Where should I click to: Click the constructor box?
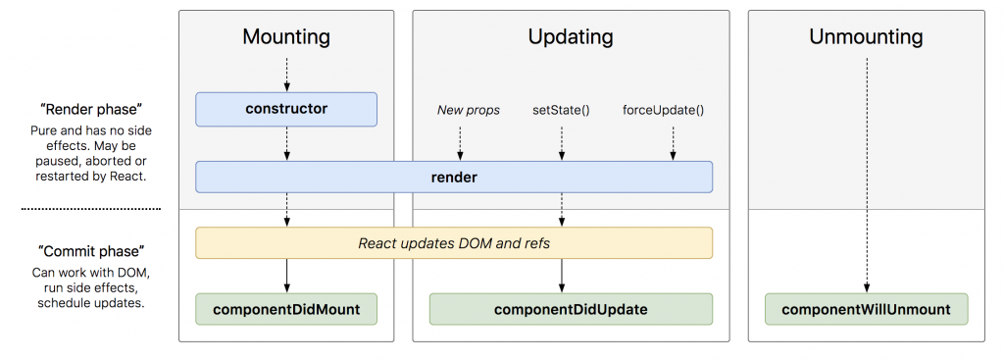point(286,109)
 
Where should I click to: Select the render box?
point(454,177)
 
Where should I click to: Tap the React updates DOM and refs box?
point(454,243)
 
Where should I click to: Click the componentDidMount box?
point(286,309)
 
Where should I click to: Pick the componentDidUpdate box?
point(571,309)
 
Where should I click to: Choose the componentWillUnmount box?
point(867,309)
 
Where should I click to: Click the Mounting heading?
point(286,36)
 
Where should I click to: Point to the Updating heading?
point(571,36)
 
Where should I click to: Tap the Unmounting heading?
point(867,36)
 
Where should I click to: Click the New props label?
point(468,110)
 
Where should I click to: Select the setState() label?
point(561,110)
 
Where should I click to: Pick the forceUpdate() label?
point(664,110)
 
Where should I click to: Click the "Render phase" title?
point(89,108)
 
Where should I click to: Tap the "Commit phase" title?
point(89,250)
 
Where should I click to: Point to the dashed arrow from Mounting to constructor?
point(287,75)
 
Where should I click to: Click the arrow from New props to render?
point(460,143)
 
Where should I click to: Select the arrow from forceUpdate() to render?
point(673,143)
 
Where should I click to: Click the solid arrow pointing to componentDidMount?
point(287,276)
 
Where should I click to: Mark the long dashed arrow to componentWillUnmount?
point(867,176)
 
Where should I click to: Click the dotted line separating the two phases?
point(90,209)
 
